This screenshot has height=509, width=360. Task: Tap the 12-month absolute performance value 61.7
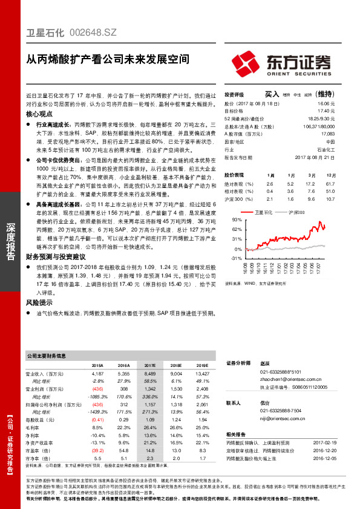tap(330, 183)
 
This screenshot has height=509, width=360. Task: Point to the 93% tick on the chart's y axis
tap(237, 220)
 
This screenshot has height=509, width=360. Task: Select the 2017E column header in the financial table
tap(149, 366)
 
